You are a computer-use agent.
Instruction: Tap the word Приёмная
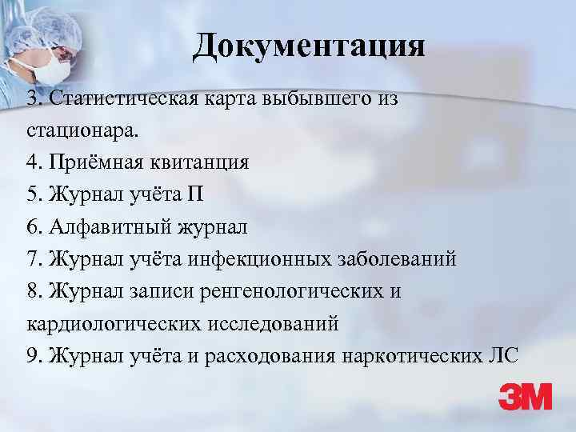[97, 162]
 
